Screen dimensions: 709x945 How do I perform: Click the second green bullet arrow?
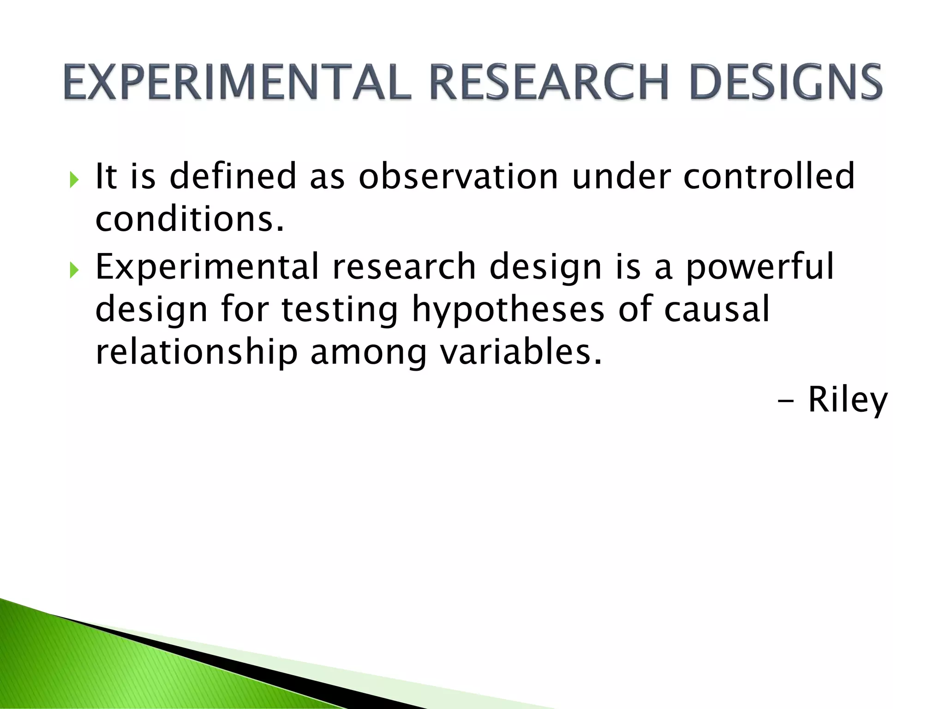tap(74, 269)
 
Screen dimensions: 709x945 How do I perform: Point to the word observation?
tap(458, 176)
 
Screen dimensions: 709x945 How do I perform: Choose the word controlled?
tap(769, 176)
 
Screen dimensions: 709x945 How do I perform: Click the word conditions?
tap(189, 219)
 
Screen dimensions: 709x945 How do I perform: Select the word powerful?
tap(760, 267)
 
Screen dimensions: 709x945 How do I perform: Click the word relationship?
tap(196, 352)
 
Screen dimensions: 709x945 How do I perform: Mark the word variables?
tap(520, 352)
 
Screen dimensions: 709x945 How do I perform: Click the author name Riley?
tap(848, 400)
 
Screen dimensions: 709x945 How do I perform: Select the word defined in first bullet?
tap(233, 176)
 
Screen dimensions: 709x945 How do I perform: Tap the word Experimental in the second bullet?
tap(207, 267)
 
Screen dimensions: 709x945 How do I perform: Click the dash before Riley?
tap(785, 401)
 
